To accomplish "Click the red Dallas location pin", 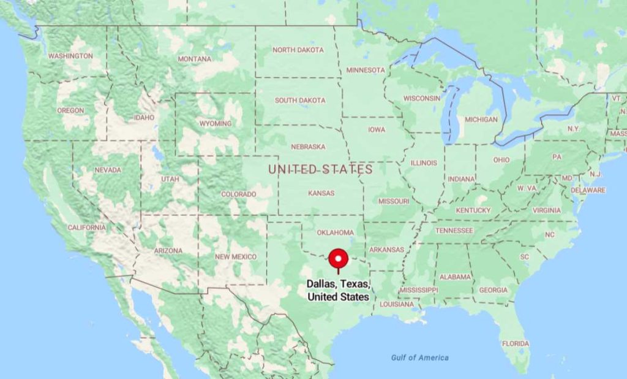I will pos(339,259).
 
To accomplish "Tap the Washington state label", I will pos(70,56).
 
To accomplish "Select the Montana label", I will pos(195,59).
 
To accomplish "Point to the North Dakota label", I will pos(298,50).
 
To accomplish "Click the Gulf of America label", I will pos(420,358).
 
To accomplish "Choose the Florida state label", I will pos(516,343).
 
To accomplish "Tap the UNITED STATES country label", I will pos(321,169).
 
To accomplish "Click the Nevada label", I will pos(108,169).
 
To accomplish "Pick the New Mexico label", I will pos(236,256).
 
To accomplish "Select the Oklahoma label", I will pos(336,232).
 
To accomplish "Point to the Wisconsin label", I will pos(422,98).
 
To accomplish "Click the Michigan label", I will pos(481,119).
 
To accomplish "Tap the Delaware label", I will pos(588,190).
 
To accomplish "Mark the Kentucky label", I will pos(473,210).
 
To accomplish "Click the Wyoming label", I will pos(216,123).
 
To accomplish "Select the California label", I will pos(86,228).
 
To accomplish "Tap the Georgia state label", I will pos(493,290).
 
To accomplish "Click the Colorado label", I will pos(238,194).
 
